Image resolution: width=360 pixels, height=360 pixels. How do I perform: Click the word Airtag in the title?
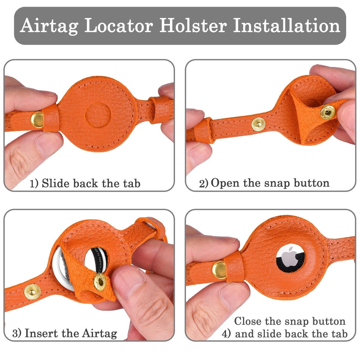tap(49, 26)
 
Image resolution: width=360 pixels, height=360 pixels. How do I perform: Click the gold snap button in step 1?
tap(37, 120)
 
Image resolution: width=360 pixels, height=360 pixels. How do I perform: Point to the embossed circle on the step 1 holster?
tap(98, 115)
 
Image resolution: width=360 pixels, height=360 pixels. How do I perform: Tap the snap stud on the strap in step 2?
tap(258, 124)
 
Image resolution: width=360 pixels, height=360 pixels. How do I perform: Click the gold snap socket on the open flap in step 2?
tap(328, 112)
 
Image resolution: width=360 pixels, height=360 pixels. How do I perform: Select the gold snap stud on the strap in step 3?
tap(32, 292)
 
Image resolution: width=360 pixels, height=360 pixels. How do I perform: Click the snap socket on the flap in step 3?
tap(100, 282)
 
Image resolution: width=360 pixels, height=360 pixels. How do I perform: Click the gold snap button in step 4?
tap(219, 270)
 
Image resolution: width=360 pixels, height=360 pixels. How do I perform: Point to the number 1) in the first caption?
tap(34, 184)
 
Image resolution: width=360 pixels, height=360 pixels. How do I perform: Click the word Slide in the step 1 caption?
tap(56, 183)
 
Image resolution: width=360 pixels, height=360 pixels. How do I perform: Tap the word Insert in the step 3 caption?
tap(41, 333)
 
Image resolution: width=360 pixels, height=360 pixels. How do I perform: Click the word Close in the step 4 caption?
tap(248, 321)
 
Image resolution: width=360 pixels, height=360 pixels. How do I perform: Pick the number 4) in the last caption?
tap(226, 334)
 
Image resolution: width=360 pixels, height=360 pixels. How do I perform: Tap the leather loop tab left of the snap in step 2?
tap(204, 130)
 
